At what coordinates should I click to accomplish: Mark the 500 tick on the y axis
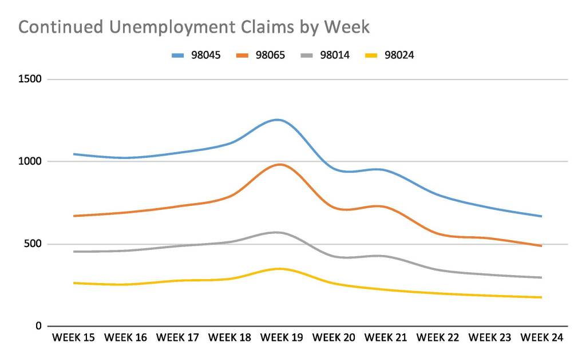click(x=34, y=244)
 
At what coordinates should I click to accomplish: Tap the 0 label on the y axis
click(x=39, y=327)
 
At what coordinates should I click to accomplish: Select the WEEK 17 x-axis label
click(x=177, y=338)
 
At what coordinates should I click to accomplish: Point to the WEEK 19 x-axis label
click(x=282, y=338)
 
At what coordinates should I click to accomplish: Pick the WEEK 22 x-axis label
click(x=438, y=338)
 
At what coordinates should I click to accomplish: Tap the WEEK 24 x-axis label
click(x=541, y=338)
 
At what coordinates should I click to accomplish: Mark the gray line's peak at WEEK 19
click(x=278, y=232)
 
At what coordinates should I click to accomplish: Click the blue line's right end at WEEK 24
click(x=541, y=216)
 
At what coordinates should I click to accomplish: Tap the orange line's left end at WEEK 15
click(x=74, y=216)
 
